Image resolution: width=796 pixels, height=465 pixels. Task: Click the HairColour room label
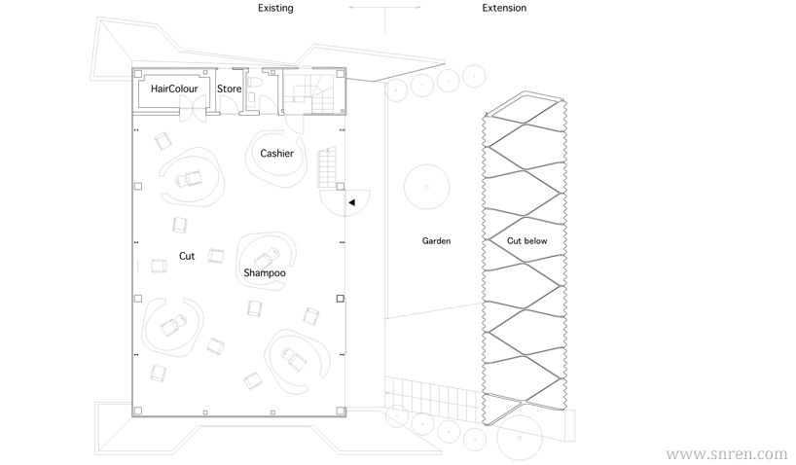tap(174, 89)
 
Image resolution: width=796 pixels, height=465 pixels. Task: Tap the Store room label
tap(229, 89)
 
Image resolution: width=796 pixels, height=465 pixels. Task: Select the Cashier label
tap(276, 154)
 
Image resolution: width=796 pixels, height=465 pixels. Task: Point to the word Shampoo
tap(265, 273)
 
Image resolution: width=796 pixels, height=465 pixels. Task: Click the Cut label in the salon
tap(187, 257)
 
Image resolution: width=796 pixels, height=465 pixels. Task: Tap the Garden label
tap(436, 241)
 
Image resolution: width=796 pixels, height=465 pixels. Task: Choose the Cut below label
tap(527, 241)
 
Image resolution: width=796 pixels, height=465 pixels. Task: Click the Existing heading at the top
tap(275, 8)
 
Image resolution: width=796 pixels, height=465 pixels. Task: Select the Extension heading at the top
tap(504, 8)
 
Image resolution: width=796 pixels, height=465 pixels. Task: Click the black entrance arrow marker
tap(352, 202)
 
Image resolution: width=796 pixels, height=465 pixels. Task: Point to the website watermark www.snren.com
tap(727, 453)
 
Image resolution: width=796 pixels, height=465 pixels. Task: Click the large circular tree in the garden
tap(426, 187)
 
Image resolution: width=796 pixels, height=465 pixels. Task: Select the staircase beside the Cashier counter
tap(327, 167)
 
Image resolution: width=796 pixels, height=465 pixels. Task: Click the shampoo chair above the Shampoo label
tap(267, 259)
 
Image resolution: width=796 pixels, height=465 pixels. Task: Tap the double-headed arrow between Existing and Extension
tap(384, 8)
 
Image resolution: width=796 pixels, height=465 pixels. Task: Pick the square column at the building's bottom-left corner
tap(137, 411)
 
